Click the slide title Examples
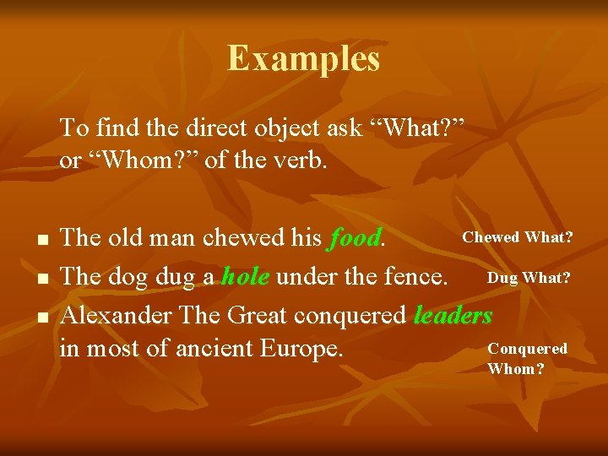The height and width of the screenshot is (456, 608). point(303,59)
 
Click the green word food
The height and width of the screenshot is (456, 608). point(355,238)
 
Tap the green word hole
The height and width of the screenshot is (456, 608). point(246,277)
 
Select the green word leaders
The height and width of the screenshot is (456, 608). point(453,315)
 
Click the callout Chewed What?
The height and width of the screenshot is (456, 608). point(518,237)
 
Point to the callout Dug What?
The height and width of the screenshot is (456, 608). point(529,277)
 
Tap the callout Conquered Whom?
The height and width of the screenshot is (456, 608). point(527,358)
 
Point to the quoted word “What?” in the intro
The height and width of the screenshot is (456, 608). point(418,129)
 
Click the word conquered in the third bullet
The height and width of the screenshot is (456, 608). point(348,316)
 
